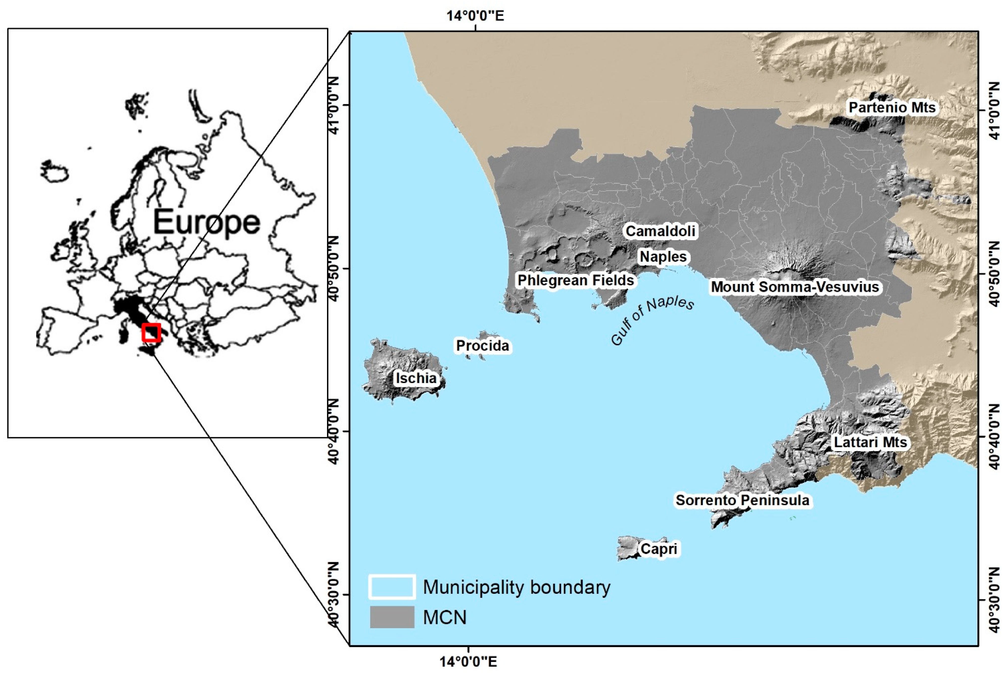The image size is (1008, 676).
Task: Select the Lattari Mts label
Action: click(870, 442)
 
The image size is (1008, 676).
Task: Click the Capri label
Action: click(659, 549)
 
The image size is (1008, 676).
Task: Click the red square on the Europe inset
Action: click(151, 333)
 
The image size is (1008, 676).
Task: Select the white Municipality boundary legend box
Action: click(392, 587)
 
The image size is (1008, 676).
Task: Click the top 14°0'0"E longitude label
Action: click(475, 16)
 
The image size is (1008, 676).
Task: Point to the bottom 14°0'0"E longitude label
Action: click(468, 662)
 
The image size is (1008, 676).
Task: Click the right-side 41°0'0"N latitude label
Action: click(994, 111)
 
